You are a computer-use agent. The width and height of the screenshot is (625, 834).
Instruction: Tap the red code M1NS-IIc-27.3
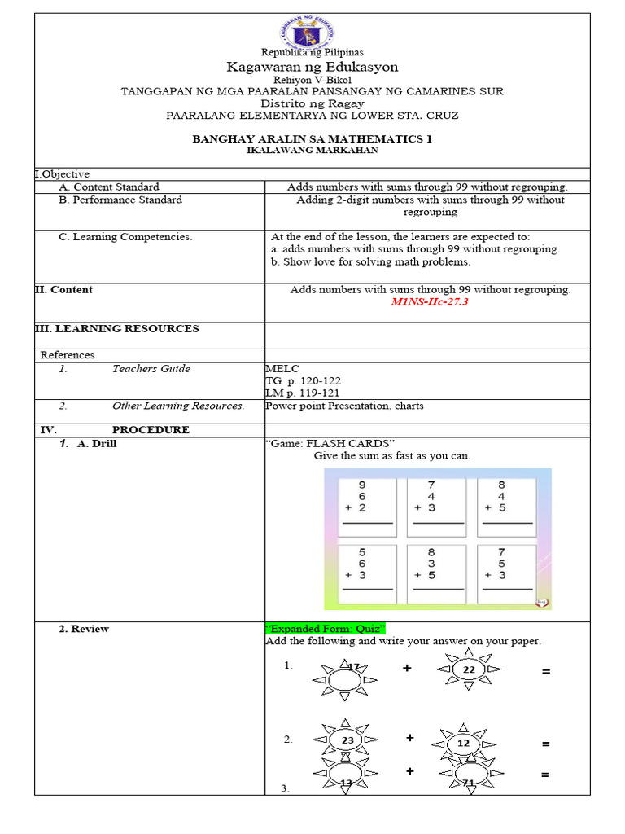coord(430,301)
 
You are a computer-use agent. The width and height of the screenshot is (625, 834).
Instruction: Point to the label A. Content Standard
coord(108,187)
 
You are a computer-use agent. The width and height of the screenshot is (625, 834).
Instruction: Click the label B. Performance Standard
coord(120,200)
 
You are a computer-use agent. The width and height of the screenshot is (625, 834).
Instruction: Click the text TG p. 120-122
coord(304,381)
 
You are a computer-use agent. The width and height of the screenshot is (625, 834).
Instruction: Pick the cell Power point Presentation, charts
coord(344,406)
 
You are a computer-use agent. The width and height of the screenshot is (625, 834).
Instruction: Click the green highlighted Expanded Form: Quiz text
coord(325,629)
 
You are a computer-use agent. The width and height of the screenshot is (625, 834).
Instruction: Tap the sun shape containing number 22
coord(469,669)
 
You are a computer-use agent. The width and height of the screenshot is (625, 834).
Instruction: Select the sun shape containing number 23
coord(347,740)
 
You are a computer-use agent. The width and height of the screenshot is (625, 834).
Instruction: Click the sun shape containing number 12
coord(463,743)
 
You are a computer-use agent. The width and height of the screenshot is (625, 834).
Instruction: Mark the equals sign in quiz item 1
coord(545,671)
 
